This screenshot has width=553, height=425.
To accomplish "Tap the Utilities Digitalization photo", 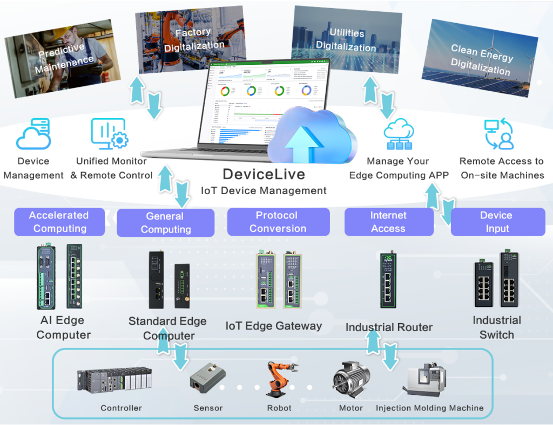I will point(346,40).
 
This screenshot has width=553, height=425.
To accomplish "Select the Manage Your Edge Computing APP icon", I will point(398,135).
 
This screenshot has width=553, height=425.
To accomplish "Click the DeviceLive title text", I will point(264,174).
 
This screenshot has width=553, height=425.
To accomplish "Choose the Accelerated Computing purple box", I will point(59,222).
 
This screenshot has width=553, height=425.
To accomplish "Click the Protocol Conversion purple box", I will point(278,222).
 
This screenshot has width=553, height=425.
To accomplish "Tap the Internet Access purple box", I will point(389,222).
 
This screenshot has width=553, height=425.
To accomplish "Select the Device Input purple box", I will point(496,222).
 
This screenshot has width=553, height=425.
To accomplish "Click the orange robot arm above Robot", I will point(279,381).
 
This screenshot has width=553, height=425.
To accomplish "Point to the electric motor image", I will point(350,380).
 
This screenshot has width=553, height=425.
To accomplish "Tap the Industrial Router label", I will point(389,327).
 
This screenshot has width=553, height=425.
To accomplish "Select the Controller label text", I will point(122,408).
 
